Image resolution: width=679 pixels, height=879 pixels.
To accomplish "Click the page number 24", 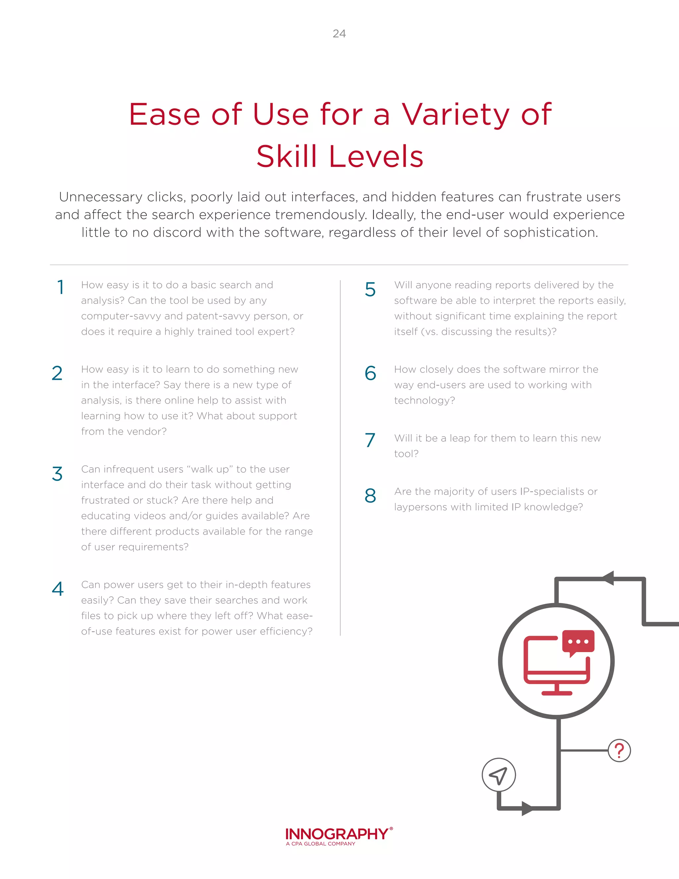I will pos(339,34).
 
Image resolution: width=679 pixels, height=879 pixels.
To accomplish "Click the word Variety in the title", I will pos(456,115).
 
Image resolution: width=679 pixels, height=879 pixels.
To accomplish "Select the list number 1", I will pos(61,287).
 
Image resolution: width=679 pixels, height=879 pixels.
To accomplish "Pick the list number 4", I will pos(58,589).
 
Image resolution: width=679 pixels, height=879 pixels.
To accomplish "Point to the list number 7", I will pos(370,440).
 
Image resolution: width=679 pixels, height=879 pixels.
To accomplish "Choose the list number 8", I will pos(370,496).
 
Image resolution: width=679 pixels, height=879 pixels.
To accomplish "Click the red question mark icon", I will pos(619,751).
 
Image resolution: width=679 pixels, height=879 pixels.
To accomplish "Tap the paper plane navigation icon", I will pos(498,775).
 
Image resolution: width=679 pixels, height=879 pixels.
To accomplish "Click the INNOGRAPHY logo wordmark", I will pos(337,834).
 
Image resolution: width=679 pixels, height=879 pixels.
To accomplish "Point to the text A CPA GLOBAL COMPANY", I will pos(321,844).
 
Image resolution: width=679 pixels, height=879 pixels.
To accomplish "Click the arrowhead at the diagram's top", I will pos(608,578).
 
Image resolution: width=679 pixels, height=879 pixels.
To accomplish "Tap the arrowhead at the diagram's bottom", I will pos(527,808).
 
